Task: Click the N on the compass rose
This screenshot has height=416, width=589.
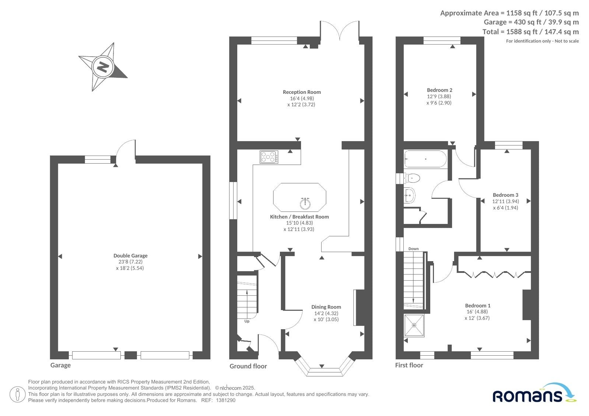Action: [x=103, y=67]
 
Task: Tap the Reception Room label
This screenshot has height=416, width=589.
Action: [x=302, y=92]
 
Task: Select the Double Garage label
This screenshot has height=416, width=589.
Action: [x=130, y=256]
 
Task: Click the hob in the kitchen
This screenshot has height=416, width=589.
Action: [x=269, y=157]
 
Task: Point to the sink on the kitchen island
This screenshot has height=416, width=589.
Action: [x=305, y=203]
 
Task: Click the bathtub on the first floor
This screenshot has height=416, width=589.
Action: [x=425, y=159]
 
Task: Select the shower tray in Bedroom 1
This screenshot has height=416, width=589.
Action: [x=414, y=326]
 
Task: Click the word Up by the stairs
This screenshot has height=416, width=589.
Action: [x=247, y=321]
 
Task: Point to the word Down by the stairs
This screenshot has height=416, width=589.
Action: [x=413, y=249]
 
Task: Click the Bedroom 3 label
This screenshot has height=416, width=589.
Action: [x=505, y=195]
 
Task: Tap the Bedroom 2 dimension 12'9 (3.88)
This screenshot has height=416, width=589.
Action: [x=439, y=96]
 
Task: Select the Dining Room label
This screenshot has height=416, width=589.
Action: [x=326, y=307]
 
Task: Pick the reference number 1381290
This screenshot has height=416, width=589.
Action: [x=225, y=400]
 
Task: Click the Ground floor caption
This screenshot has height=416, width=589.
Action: [x=248, y=366]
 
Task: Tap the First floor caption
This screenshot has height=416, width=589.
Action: [x=409, y=365]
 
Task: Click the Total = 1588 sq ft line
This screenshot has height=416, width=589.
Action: [x=530, y=32]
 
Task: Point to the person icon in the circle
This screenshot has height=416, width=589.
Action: [x=17, y=394]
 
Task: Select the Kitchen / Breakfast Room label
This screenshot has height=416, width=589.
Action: [x=299, y=217]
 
